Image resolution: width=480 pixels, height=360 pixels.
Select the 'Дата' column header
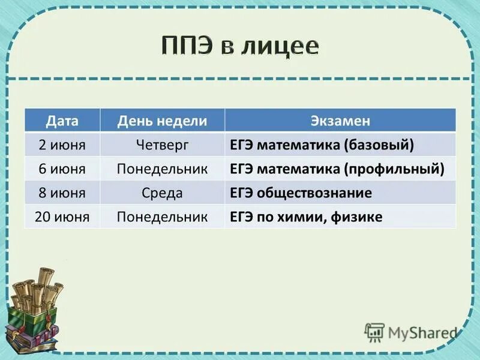[62, 121]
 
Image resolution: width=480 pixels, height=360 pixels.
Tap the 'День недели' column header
[162, 121]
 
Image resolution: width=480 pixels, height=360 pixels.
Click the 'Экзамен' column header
[340, 121]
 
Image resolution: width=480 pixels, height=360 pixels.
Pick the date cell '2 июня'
[62, 145]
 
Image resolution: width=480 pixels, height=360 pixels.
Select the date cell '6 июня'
[62, 169]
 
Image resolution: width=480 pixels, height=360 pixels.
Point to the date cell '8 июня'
[62, 193]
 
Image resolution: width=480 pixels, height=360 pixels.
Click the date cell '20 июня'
[62, 217]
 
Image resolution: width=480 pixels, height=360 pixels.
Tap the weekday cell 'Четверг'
[162, 145]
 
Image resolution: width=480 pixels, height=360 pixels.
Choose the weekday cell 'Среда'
[162, 193]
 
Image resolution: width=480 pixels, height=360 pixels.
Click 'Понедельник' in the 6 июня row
[162, 169]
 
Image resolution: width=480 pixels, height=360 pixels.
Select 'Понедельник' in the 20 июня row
[162, 217]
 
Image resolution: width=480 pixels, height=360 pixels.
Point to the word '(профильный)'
[394, 169]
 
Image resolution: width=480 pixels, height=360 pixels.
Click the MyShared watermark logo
[410, 332]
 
